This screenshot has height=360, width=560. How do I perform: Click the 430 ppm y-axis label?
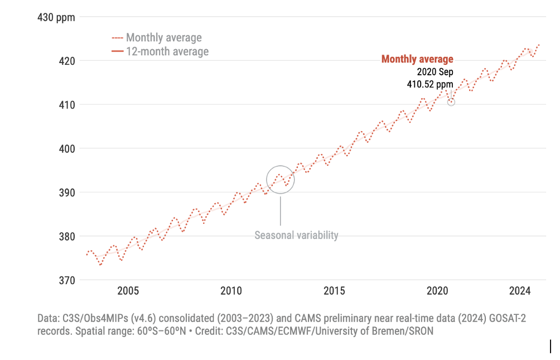(56, 17)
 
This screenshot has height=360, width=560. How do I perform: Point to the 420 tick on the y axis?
(66, 60)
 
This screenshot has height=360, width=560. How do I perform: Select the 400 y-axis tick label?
(66, 148)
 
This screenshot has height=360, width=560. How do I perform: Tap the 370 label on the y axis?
(66, 280)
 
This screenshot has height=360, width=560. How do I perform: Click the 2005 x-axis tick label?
(128, 291)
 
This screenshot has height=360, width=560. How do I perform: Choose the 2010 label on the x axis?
(231, 291)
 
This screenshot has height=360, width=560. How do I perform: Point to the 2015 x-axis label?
(334, 291)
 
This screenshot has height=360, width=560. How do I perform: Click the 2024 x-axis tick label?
(520, 291)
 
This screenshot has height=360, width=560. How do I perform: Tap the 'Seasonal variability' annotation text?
(296, 235)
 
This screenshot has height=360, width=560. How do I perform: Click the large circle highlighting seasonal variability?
(280, 180)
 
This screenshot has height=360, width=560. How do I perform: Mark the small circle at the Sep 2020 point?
(451, 102)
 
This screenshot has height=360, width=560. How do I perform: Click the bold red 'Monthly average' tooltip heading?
(417, 59)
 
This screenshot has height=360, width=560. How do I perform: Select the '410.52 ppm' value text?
(429, 85)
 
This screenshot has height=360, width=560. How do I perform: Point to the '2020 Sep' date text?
(435, 72)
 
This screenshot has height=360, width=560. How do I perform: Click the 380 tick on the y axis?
(66, 236)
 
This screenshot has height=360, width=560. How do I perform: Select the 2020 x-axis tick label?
(437, 291)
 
